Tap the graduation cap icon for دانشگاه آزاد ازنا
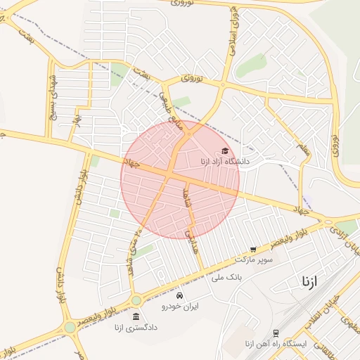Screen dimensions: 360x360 pyautogui.click(x=225, y=150)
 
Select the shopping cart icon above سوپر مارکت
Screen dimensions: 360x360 pyautogui.click(x=253, y=249)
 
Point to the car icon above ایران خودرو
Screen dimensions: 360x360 pyautogui.click(x=181, y=295)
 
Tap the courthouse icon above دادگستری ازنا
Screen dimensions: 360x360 pyautogui.click(x=136, y=316)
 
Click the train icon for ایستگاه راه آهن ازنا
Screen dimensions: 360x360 pyautogui.click(x=276, y=333)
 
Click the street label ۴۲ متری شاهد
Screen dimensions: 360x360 pyautogui.click(x=132, y=250)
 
